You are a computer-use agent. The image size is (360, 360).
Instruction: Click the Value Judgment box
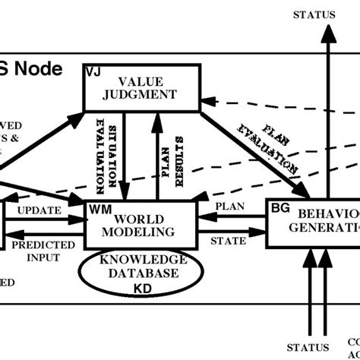pyautogui.click(x=141, y=87)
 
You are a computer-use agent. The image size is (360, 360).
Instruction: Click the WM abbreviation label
pyautogui.click(x=98, y=207)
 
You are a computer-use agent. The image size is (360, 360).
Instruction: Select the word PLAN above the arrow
pyautogui.click(x=231, y=205)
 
